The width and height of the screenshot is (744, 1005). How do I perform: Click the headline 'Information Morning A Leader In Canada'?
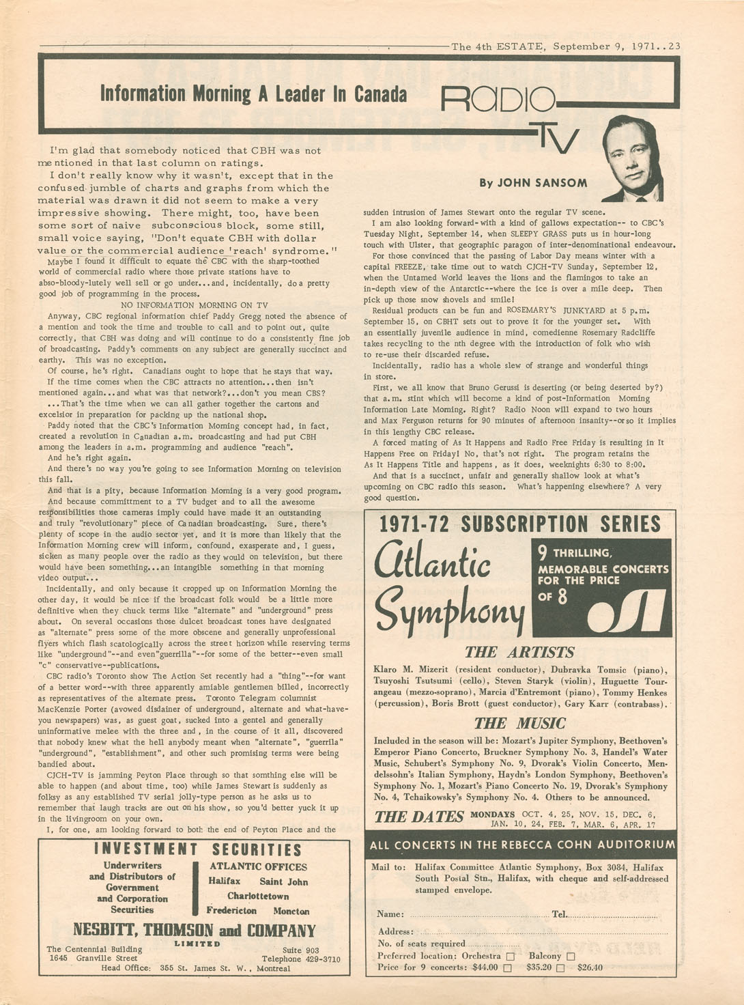[x=253, y=94]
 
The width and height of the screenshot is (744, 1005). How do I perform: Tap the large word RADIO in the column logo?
[x=498, y=100]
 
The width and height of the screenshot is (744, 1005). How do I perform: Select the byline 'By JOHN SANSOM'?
[x=532, y=182]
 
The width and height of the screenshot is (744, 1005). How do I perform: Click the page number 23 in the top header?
[x=674, y=46]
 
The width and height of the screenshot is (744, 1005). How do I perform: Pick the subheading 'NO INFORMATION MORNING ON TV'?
[x=194, y=305]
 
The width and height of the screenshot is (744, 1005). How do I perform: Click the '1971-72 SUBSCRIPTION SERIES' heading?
[x=519, y=524]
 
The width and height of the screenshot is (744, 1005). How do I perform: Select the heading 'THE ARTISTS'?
[x=519, y=652]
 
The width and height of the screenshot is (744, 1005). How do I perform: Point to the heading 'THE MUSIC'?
[x=519, y=723]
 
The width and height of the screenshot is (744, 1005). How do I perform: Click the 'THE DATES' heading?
[x=418, y=817]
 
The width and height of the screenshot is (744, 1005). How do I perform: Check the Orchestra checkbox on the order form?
[x=511, y=956]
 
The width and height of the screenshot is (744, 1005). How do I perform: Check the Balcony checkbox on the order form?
[x=571, y=956]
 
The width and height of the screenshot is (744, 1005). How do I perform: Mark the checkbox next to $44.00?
[x=507, y=967]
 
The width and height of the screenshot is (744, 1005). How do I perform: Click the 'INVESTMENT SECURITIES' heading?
[x=197, y=849]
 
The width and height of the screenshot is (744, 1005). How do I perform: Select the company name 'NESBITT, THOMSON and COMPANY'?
[x=194, y=931]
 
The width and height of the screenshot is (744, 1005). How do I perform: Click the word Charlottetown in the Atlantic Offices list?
[x=258, y=896]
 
